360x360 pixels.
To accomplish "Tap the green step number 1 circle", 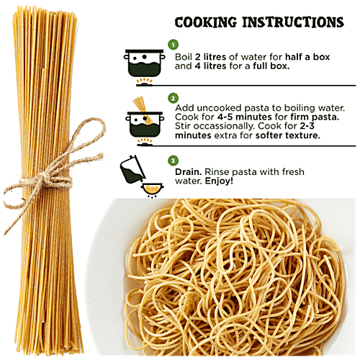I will click(174, 45).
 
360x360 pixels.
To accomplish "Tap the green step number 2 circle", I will click(174, 98).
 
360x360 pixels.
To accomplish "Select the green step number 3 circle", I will click(174, 161).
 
